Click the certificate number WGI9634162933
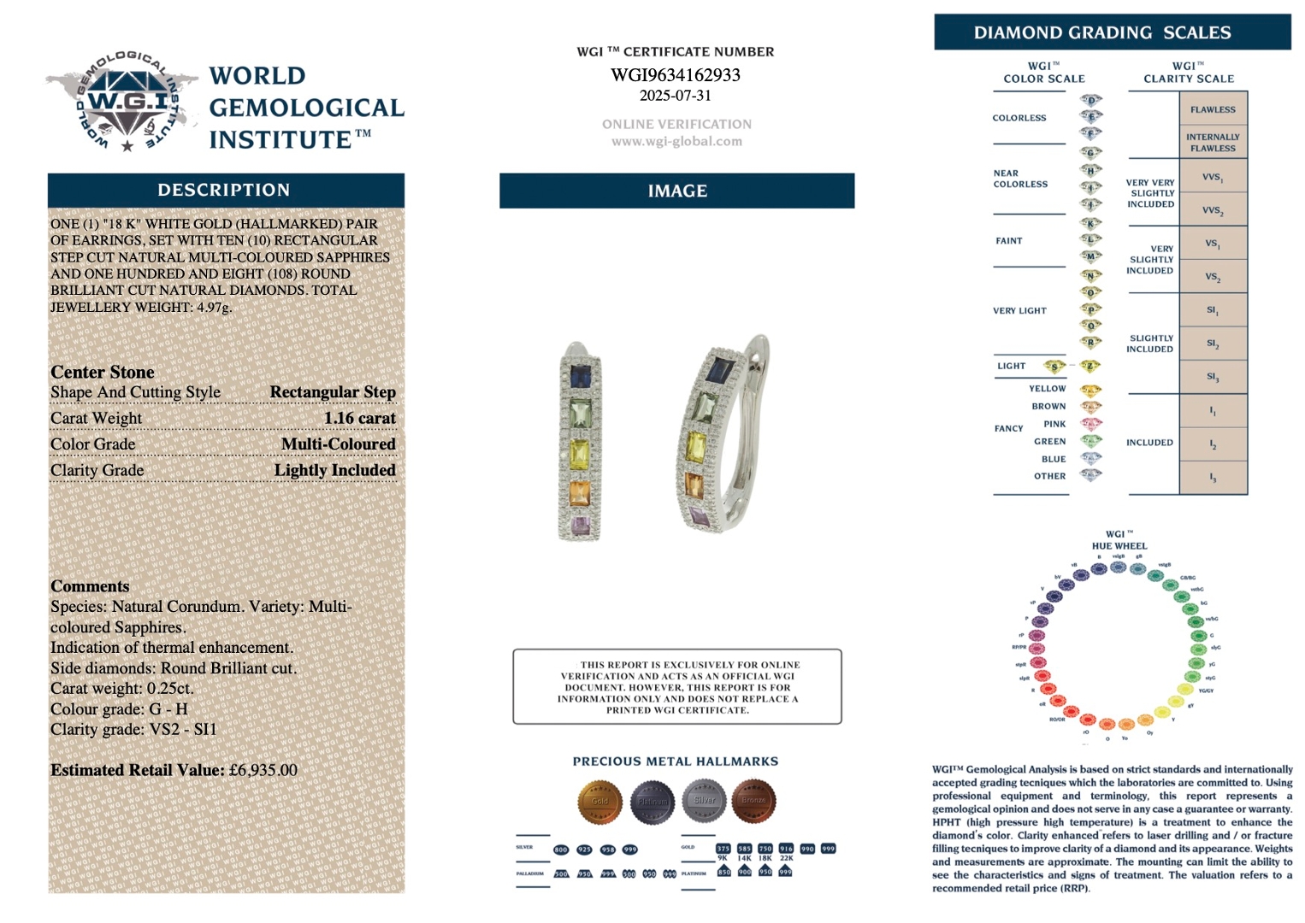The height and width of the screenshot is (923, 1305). pyautogui.click(x=675, y=75)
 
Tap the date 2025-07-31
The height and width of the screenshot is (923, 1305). pyautogui.click(x=675, y=96)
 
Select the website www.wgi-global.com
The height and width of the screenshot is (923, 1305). pyautogui.click(x=676, y=142)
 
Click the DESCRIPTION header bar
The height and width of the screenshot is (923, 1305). pyautogui.click(x=225, y=191)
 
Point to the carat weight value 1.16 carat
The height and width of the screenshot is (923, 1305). pyautogui.click(x=360, y=419)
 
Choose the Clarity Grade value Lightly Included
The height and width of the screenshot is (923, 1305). pyautogui.click(x=334, y=471)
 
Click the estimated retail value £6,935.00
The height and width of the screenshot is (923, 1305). pyautogui.click(x=263, y=770)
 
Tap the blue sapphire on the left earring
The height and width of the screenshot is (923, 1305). pyautogui.click(x=581, y=375)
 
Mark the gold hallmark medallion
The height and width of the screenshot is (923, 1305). pyautogui.click(x=599, y=801)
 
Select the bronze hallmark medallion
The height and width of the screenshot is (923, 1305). pyautogui.click(x=753, y=801)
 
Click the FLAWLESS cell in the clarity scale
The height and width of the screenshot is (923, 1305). pyautogui.click(x=1213, y=109)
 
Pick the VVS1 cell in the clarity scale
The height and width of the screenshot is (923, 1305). pyautogui.click(x=1213, y=177)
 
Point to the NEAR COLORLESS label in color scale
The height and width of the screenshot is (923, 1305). pyautogui.click(x=1020, y=179)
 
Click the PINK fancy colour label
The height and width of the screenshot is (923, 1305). pyautogui.click(x=1054, y=424)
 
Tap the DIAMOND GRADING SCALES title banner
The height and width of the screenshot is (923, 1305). pyautogui.click(x=1112, y=32)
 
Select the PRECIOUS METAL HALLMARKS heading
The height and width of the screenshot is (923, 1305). pyautogui.click(x=676, y=761)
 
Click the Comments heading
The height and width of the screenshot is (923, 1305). pyautogui.click(x=90, y=586)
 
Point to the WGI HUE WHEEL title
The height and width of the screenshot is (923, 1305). pyautogui.click(x=1119, y=540)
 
